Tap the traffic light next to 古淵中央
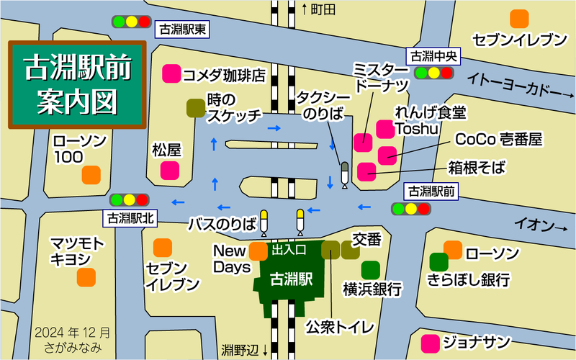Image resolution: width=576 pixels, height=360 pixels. point(434,72)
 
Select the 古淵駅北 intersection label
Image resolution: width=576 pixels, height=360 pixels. point(130,217)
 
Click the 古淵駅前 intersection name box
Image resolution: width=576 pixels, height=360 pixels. point(431,192)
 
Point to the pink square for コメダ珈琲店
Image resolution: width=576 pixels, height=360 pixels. point(171,73)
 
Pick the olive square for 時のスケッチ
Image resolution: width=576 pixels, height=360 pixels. point(195,108)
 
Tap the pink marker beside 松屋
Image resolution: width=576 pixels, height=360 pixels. point(170,171)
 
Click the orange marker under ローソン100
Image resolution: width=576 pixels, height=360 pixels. point(91,174)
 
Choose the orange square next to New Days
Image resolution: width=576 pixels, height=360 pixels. point(258,251)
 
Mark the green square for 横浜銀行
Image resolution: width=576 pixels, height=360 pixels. point(371,270)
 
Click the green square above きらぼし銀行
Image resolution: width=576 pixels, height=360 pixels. point(438,261)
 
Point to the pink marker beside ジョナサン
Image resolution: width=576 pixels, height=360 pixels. point(431,341)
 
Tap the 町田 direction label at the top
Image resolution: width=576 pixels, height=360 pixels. point(319,9)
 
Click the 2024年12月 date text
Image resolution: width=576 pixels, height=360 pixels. point(73,333)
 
